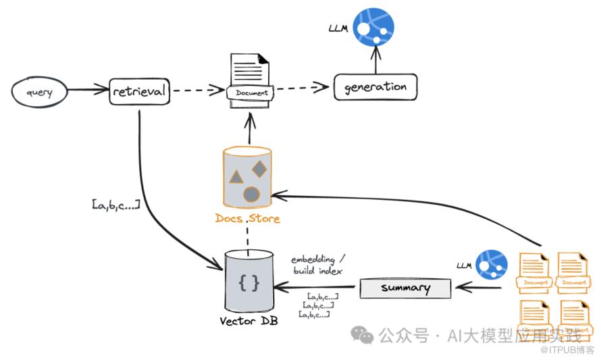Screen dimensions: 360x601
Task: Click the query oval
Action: (x=40, y=91)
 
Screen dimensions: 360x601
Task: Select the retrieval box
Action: (x=139, y=91)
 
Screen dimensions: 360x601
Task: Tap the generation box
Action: (x=375, y=87)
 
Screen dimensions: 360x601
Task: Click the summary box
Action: (x=405, y=288)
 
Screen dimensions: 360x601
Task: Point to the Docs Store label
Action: (x=247, y=218)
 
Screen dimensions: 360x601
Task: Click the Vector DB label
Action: (x=249, y=320)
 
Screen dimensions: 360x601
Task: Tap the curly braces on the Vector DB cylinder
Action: (x=249, y=283)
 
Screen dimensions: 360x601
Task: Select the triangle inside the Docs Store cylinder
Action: (x=236, y=178)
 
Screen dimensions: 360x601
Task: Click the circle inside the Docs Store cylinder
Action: (x=251, y=195)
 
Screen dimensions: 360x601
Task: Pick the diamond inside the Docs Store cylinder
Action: (x=259, y=169)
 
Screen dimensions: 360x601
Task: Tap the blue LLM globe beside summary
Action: (x=492, y=265)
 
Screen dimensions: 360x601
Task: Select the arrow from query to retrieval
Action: (x=88, y=90)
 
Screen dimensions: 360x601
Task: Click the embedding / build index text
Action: (x=317, y=265)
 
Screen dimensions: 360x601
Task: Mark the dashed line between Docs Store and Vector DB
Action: (x=249, y=240)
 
